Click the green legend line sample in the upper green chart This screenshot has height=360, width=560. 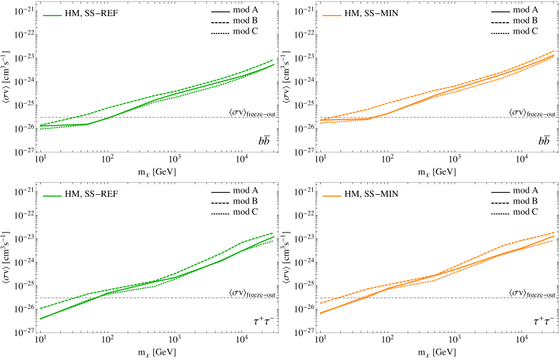pos(52,15)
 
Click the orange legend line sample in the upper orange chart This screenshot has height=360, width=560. pos(332,15)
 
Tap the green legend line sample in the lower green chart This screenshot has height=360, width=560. pos(52,196)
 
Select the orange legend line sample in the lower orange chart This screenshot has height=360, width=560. pos(332,196)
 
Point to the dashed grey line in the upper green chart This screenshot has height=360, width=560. pos(201,118)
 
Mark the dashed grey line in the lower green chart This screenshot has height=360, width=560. pos(201,298)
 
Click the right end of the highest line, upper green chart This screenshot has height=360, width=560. pos(273,60)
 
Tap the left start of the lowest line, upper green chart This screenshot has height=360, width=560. pos(40,128)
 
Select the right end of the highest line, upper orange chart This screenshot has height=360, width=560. pos(554,50)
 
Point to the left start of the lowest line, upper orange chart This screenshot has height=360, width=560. pos(320,123)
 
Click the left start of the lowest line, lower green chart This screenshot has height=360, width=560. pos(40,318)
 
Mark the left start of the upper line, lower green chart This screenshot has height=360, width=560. pos(40,308)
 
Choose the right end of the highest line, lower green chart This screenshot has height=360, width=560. pos(273,233)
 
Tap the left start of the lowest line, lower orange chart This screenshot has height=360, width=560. pos(320,313)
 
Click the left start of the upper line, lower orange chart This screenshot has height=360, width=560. pos(320,304)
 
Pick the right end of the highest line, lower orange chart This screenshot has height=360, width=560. pos(554,232)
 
